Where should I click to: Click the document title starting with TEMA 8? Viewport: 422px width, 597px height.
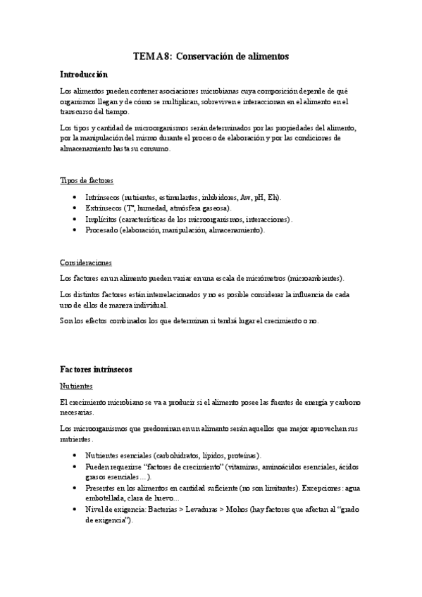click(211, 55)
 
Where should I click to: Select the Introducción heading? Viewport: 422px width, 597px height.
click(84, 74)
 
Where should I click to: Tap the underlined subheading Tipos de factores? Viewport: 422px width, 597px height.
click(86, 181)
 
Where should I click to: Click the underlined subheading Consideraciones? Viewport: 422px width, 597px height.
click(85, 263)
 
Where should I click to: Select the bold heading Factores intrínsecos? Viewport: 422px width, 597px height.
click(96, 369)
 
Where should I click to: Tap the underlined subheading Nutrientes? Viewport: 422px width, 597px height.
click(77, 386)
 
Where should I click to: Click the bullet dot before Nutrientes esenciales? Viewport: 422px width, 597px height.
click(75, 455)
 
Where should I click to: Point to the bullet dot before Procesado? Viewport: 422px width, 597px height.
click(75, 230)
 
